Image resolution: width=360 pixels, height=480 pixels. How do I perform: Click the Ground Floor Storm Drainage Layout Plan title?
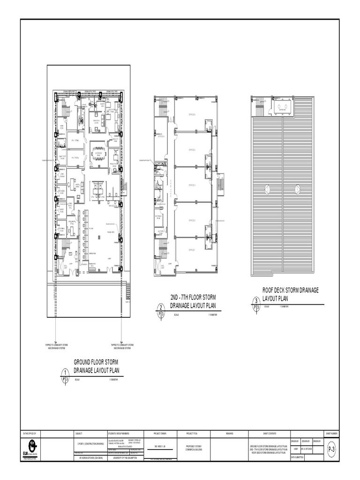(x=97, y=366)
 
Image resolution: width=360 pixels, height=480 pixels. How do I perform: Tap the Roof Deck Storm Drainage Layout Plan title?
(x=290, y=294)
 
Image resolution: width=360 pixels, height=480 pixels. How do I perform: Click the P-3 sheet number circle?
(x=331, y=450)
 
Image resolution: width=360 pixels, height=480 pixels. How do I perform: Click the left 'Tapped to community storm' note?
(x=57, y=347)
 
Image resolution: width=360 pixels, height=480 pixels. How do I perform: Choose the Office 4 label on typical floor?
(x=192, y=150)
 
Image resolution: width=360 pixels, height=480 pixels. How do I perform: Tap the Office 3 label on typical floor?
(x=192, y=185)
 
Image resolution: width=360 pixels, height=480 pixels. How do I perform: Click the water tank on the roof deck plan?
(x=283, y=108)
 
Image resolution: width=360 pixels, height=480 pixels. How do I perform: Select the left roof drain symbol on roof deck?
(x=267, y=190)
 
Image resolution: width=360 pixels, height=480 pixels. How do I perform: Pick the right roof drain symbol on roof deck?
(x=297, y=190)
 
